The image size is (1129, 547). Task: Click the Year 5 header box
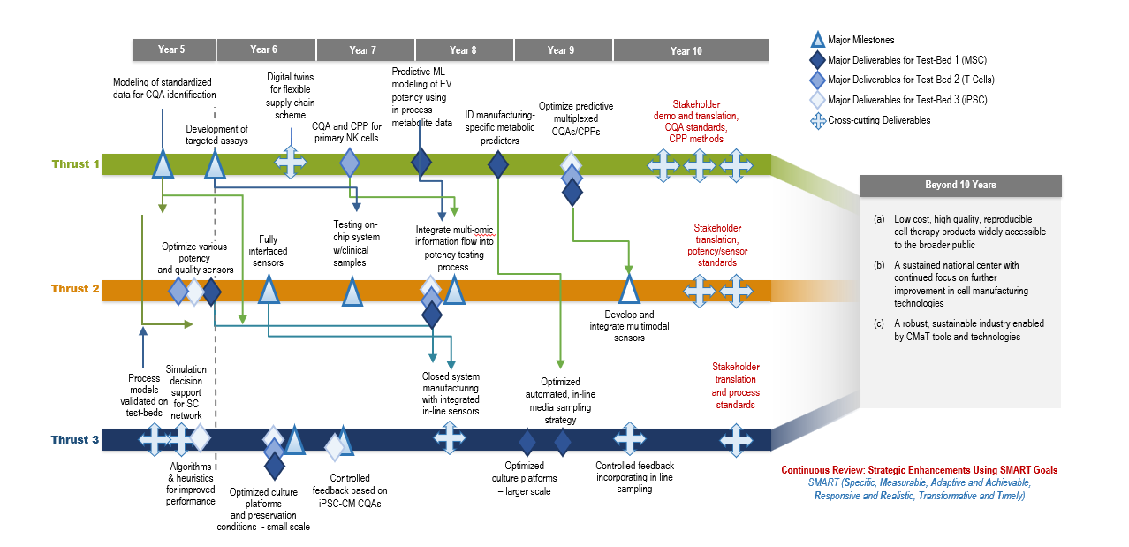coord(172,50)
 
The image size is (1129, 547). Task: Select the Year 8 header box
coord(463,50)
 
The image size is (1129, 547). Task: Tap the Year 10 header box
coord(686,50)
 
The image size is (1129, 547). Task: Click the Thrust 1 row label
coord(75,163)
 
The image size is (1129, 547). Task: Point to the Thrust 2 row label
coord(75,289)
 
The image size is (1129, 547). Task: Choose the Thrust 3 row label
coord(75,439)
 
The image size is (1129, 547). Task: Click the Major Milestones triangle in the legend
coord(818,39)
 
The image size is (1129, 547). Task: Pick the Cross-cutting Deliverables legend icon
coord(818,120)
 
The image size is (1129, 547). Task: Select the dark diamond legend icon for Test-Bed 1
coord(818,59)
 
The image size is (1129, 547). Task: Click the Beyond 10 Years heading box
coord(960,186)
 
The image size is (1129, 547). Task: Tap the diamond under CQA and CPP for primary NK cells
coord(350,163)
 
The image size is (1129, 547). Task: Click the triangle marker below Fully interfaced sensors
coord(269,289)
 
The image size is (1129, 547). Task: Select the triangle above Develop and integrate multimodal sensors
coord(629,289)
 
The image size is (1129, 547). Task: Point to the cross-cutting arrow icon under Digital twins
coord(291,163)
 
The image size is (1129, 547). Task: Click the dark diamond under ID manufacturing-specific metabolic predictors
coord(498,163)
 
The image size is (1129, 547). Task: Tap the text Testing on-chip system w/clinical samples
coord(357,243)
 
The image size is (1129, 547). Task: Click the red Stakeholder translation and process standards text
coord(736,385)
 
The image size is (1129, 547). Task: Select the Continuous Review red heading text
coord(919,470)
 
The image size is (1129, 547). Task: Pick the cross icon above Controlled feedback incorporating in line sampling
coord(630,438)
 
